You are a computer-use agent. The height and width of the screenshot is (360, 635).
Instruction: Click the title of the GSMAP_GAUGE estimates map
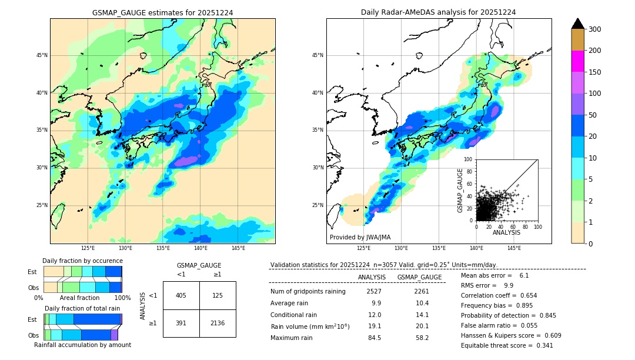[162, 12]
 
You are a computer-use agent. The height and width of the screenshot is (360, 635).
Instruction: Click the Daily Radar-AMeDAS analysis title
[439, 12]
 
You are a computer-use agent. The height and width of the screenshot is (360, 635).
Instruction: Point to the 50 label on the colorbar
[594, 115]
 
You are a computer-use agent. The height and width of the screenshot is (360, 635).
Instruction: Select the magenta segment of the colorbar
[578, 61]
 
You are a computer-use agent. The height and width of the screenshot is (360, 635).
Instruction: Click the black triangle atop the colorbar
[578, 24]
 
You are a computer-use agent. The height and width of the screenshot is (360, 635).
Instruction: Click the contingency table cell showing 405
[181, 295]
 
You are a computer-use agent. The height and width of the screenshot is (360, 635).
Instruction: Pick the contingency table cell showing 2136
[218, 323]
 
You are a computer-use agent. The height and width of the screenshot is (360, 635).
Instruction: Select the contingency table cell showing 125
[218, 295]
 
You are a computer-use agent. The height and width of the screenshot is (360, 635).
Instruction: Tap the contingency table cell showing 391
[181, 323]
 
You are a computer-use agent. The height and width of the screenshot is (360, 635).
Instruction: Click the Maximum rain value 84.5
[374, 338]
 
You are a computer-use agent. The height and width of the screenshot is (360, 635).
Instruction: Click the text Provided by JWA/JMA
[360, 238]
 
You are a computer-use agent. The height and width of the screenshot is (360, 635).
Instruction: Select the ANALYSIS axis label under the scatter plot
[506, 232]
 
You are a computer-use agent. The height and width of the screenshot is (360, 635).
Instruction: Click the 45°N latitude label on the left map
[41, 55]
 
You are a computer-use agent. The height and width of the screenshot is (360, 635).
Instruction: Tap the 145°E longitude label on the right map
[514, 249]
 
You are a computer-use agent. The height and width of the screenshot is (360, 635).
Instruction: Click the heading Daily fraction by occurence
[82, 261]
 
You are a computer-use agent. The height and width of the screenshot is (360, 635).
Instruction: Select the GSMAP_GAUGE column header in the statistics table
[419, 277]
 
